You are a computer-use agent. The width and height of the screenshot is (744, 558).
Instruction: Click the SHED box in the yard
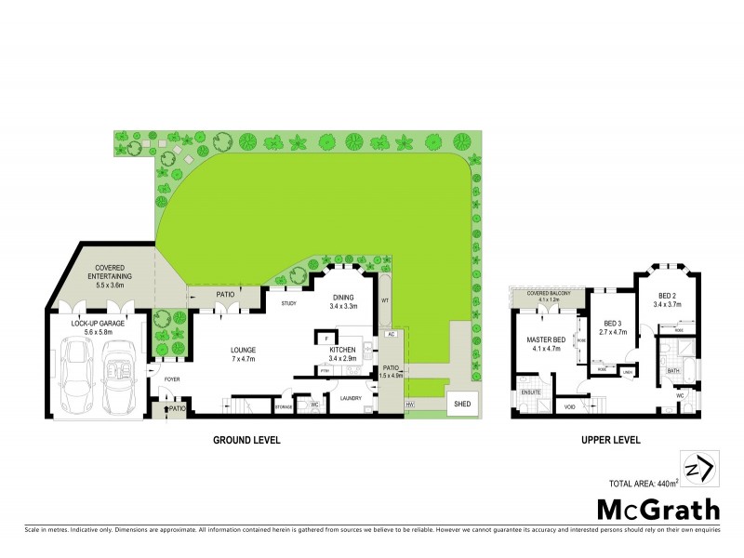click(x=461, y=405)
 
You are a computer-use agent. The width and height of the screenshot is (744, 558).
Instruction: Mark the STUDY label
click(x=288, y=302)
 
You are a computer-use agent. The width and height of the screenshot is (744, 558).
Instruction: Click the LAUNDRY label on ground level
click(x=351, y=398)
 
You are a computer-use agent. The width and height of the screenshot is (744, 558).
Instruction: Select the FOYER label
click(x=172, y=379)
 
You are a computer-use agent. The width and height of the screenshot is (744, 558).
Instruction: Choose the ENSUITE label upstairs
click(x=531, y=392)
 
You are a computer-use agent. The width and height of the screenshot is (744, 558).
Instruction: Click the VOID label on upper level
click(x=568, y=406)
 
